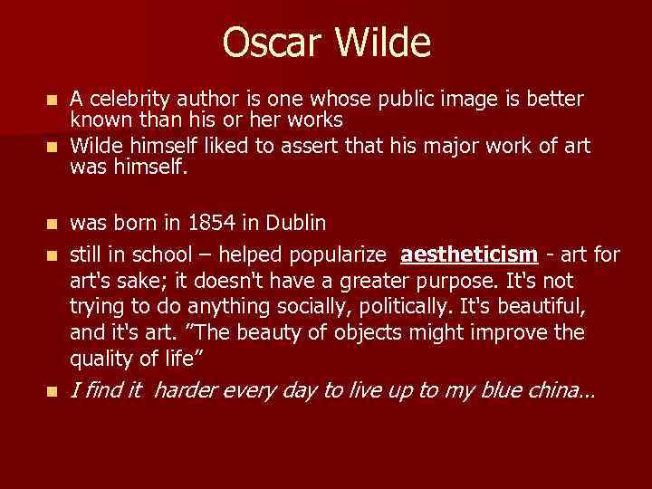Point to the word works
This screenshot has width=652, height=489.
312,120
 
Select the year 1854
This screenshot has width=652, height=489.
208,223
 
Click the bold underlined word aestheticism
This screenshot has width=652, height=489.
468,255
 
